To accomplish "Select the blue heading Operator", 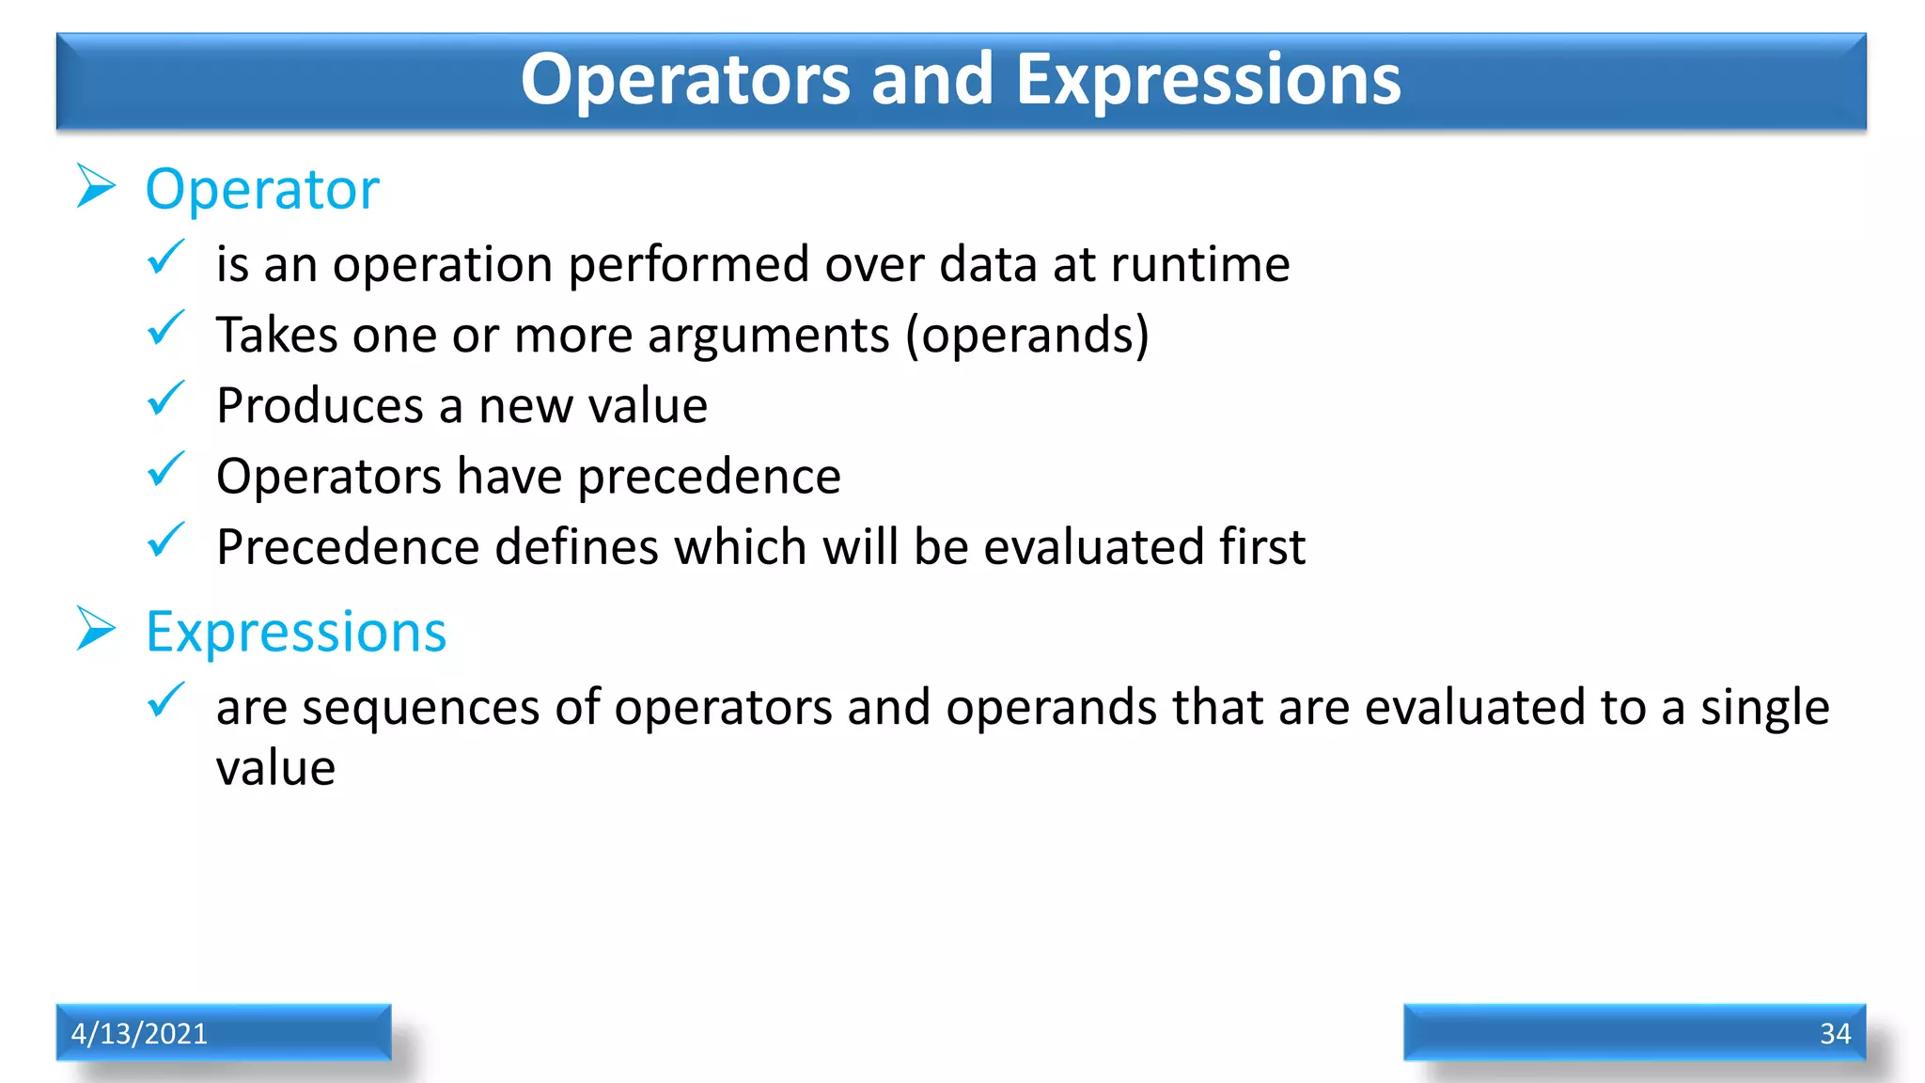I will click(x=262, y=190).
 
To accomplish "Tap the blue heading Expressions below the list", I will click(x=296, y=632).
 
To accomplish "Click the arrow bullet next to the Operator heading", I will click(x=96, y=186).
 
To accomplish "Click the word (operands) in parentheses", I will click(x=1026, y=336).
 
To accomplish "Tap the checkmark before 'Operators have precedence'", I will click(x=166, y=469).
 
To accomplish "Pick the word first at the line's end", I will click(x=1261, y=547).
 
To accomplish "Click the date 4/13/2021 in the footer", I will click(x=139, y=1033).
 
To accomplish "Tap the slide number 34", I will click(x=1835, y=1033).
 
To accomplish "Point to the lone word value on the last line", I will click(x=275, y=768).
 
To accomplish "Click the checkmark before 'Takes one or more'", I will click(x=166, y=328).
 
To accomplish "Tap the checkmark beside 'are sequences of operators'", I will click(x=166, y=700).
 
